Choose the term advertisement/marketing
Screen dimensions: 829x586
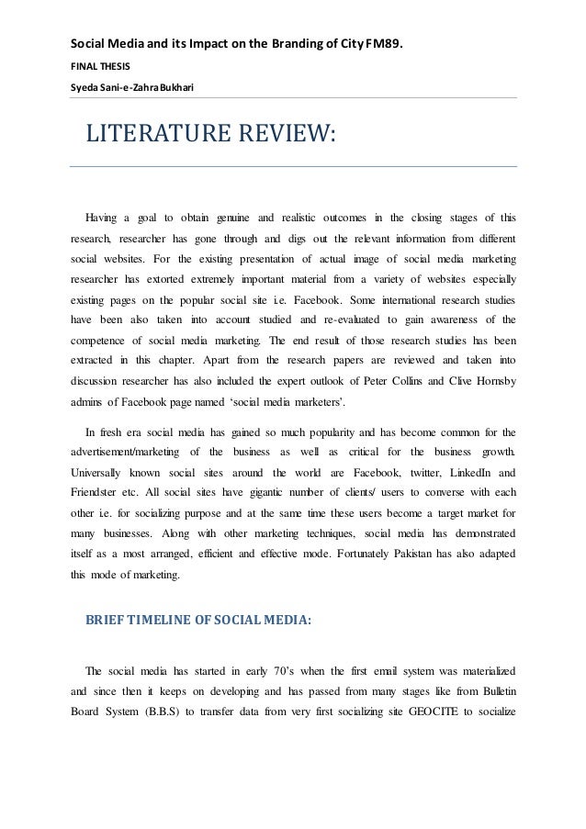pos(128,451)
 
